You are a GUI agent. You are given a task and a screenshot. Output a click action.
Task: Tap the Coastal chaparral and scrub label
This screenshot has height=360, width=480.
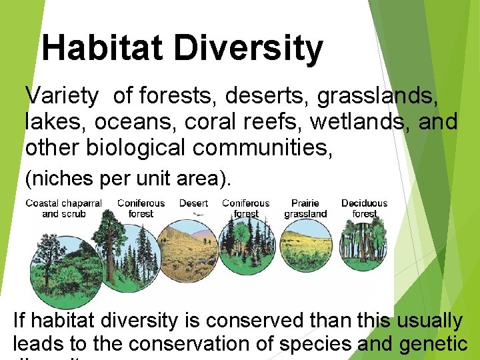coord(63,208)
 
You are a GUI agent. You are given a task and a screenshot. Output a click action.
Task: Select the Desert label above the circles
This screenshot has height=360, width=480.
coord(193,203)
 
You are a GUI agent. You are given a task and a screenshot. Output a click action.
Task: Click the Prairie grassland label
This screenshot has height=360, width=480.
coord(305,208)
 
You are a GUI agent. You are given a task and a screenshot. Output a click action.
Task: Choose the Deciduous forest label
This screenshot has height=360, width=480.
coord(364,208)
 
